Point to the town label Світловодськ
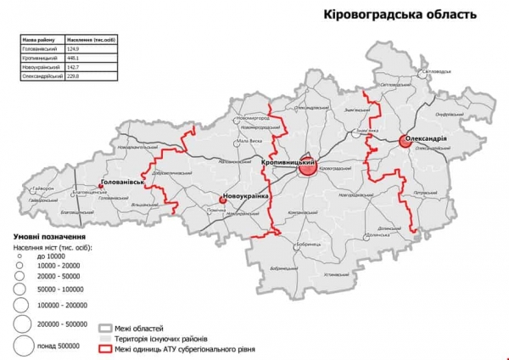pos(445,71)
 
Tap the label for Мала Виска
pos(249,140)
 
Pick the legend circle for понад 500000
pos(23,346)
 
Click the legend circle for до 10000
pos(18,255)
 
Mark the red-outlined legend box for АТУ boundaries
pos(105,348)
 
